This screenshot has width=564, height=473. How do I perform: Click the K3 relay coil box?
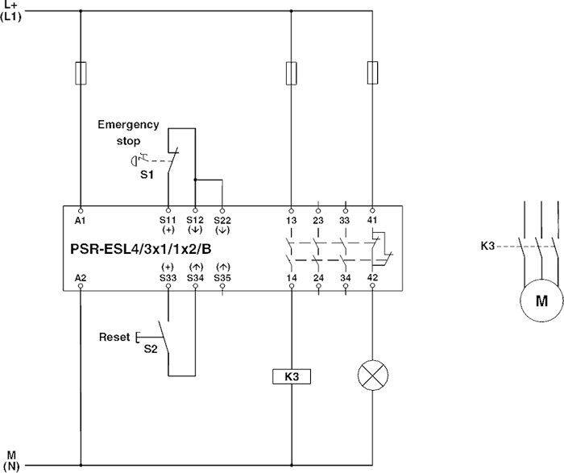tap(292, 376)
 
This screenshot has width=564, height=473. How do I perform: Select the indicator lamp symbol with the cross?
tap(373, 375)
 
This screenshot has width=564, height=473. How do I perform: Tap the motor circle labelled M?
tap(541, 301)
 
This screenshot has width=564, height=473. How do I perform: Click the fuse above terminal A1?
tap(81, 73)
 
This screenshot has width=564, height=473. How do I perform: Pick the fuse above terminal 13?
tap(292, 73)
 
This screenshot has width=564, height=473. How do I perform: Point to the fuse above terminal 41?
tap(372, 73)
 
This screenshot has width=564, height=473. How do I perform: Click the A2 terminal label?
tap(81, 278)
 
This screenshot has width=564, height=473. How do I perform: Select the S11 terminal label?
tap(168, 220)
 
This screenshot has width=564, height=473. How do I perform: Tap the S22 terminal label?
tap(222, 220)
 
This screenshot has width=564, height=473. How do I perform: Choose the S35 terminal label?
tap(222, 278)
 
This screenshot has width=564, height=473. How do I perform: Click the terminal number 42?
tap(372, 277)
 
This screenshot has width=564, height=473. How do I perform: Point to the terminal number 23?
tap(318, 220)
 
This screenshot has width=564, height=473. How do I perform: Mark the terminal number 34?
tap(346, 278)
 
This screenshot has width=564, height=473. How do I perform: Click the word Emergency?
tap(128, 125)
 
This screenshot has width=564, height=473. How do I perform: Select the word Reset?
tap(114, 337)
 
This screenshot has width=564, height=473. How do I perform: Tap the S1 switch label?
tap(147, 175)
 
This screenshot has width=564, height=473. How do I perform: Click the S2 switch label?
tap(151, 349)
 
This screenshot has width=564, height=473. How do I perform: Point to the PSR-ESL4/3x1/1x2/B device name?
tap(141, 249)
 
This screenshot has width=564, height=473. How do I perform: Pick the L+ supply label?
tap(10, 6)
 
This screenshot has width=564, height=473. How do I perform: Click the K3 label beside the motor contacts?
tap(487, 246)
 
